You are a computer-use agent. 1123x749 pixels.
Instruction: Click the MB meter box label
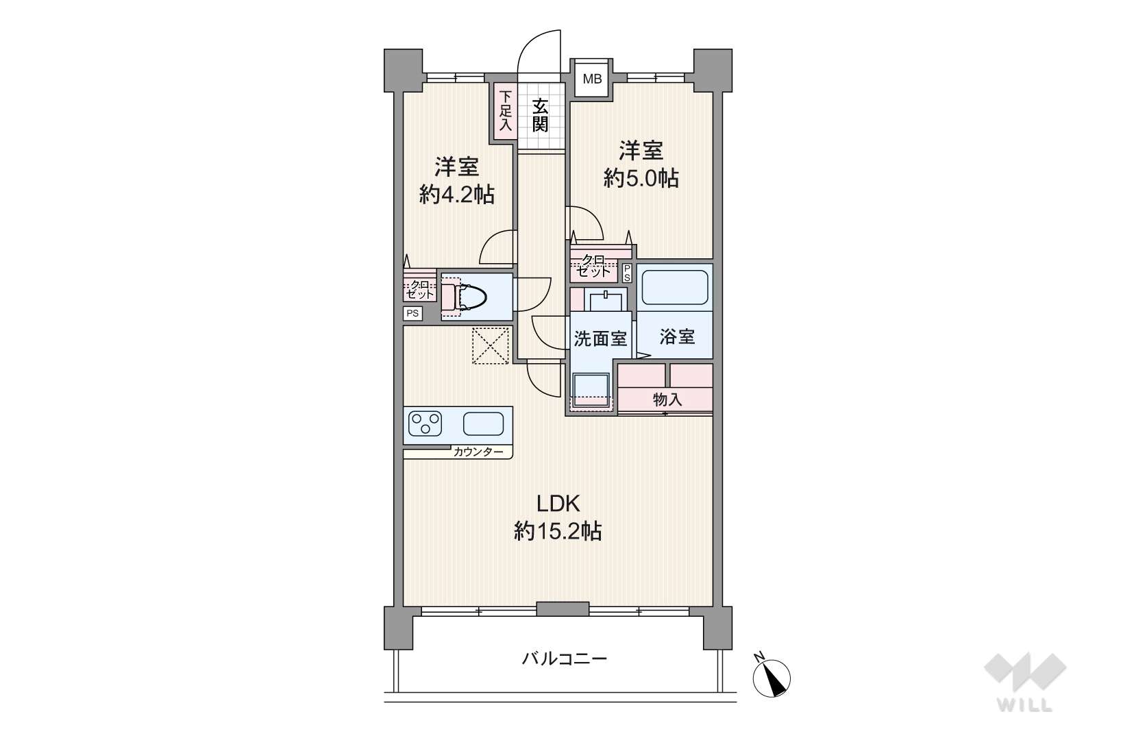[x=592, y=79]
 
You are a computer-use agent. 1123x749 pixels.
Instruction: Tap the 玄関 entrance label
[x=540, y=116]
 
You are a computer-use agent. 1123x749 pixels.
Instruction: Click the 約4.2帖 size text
[x=457, y=195]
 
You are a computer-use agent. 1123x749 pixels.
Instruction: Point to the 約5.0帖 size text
[x=641, y=178]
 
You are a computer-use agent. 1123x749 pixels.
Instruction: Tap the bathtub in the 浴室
[x=675, y=287]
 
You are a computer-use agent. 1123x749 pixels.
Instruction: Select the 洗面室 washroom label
[x=600, y=339]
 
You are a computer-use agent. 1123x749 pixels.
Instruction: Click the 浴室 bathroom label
[x=677, y=337]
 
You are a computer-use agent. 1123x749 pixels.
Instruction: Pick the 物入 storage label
[x=667, y=400]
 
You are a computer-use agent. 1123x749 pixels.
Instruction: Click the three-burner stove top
[x=425, y=423]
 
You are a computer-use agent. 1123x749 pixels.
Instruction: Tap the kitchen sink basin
[x=483, y=423]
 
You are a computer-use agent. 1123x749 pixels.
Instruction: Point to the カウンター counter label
[x=478, y=452]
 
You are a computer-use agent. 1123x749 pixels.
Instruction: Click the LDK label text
[x=558, y=504]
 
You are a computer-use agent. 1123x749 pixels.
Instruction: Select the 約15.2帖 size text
[x=558, y=531]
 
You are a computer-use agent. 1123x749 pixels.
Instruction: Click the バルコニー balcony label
[x=564, y=659]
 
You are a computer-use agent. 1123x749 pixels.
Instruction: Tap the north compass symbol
[x=771, y=677]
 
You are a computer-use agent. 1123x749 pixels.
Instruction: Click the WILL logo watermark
[x=1025, y=681]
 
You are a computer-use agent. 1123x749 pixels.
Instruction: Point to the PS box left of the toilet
[x=412, y=314]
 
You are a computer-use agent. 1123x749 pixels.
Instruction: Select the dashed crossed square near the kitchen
[x=491, y=345]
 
